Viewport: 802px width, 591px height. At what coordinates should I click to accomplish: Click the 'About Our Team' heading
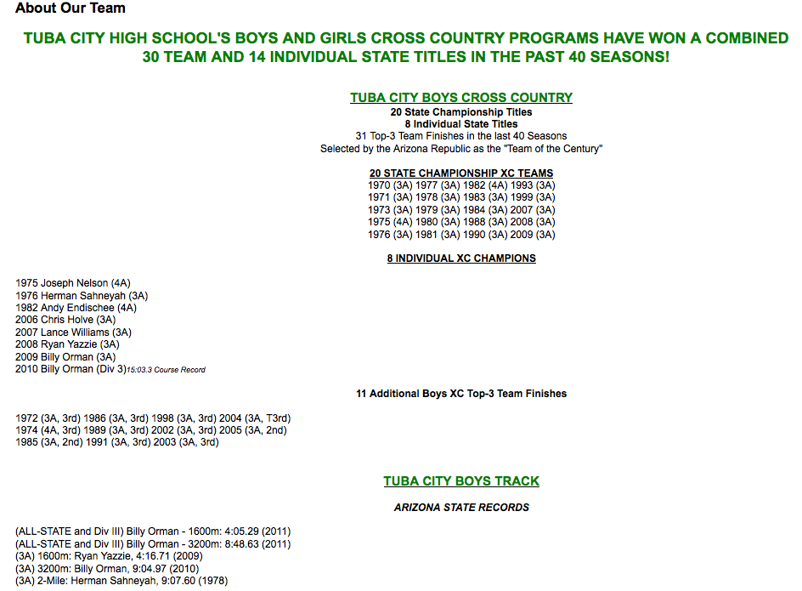(71, 9)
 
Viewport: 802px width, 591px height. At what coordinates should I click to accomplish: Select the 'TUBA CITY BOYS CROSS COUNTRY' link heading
(461, 98)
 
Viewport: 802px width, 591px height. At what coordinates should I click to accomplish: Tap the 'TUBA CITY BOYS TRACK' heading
(461, 481)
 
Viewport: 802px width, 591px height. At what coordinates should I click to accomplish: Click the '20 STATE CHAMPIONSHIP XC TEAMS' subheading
(461, 173)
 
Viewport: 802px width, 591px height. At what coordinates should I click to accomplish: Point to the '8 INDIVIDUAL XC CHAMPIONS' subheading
(461, 259)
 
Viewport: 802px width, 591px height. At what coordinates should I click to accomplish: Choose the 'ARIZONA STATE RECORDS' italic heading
(461, 508)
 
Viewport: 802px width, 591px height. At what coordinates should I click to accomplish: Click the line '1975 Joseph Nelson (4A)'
(73, 283)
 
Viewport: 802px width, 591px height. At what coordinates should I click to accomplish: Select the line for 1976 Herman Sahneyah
(82, 296)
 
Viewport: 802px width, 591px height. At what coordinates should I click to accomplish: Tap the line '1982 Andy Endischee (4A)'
(76, 308)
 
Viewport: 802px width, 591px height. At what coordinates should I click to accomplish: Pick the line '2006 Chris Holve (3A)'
(65, 320)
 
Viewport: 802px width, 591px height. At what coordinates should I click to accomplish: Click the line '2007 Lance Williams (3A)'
(74, 332)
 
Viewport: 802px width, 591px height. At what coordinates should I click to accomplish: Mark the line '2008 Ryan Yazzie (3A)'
(67, 344)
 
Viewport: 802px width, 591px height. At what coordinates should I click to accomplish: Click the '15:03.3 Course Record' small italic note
(166, 370)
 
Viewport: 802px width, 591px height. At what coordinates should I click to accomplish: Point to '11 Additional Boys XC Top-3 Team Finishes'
(461, 394)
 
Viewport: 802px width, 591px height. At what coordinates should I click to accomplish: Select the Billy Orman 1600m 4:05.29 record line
(153, 531)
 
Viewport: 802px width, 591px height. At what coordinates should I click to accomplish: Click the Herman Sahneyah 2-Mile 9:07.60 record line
(121, 581)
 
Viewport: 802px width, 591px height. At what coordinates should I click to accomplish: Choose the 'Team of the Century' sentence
(461, 149)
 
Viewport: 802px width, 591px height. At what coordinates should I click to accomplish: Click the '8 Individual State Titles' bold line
(461, 124)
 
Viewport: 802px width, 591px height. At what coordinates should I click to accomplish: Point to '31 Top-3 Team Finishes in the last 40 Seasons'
(461, 136)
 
